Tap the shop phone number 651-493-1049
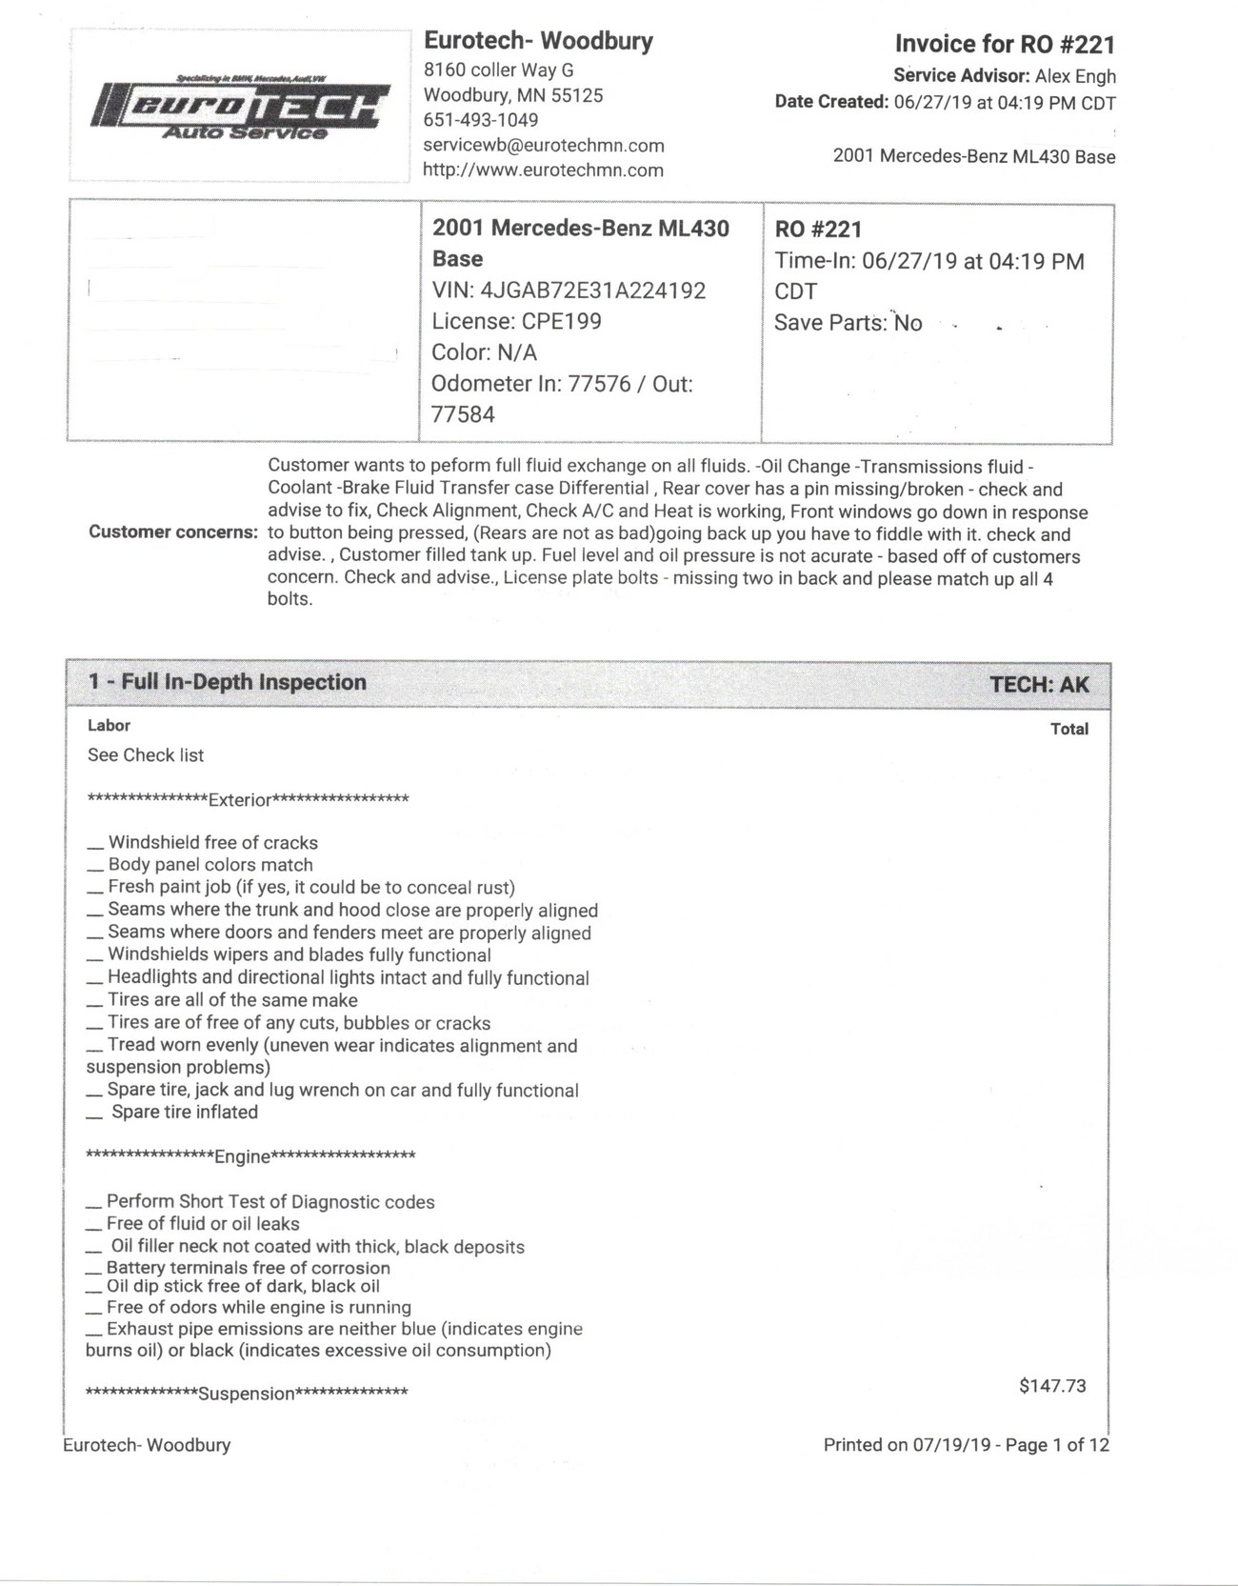coord(481,120)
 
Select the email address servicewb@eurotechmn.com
coord(544,146)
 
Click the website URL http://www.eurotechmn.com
coord(543,171)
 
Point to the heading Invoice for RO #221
coord(1005,44)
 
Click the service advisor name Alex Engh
coord(1075,77)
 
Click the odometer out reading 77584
coord(464,414)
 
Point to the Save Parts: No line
coord(848,323)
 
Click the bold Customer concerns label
coord(173,532)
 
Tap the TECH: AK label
coord(1039,685)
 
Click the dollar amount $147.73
coord(1052,1386)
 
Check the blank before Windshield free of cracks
coord(94,844)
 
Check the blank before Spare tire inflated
coord(94,1114)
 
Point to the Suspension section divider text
coord(247,1395)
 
